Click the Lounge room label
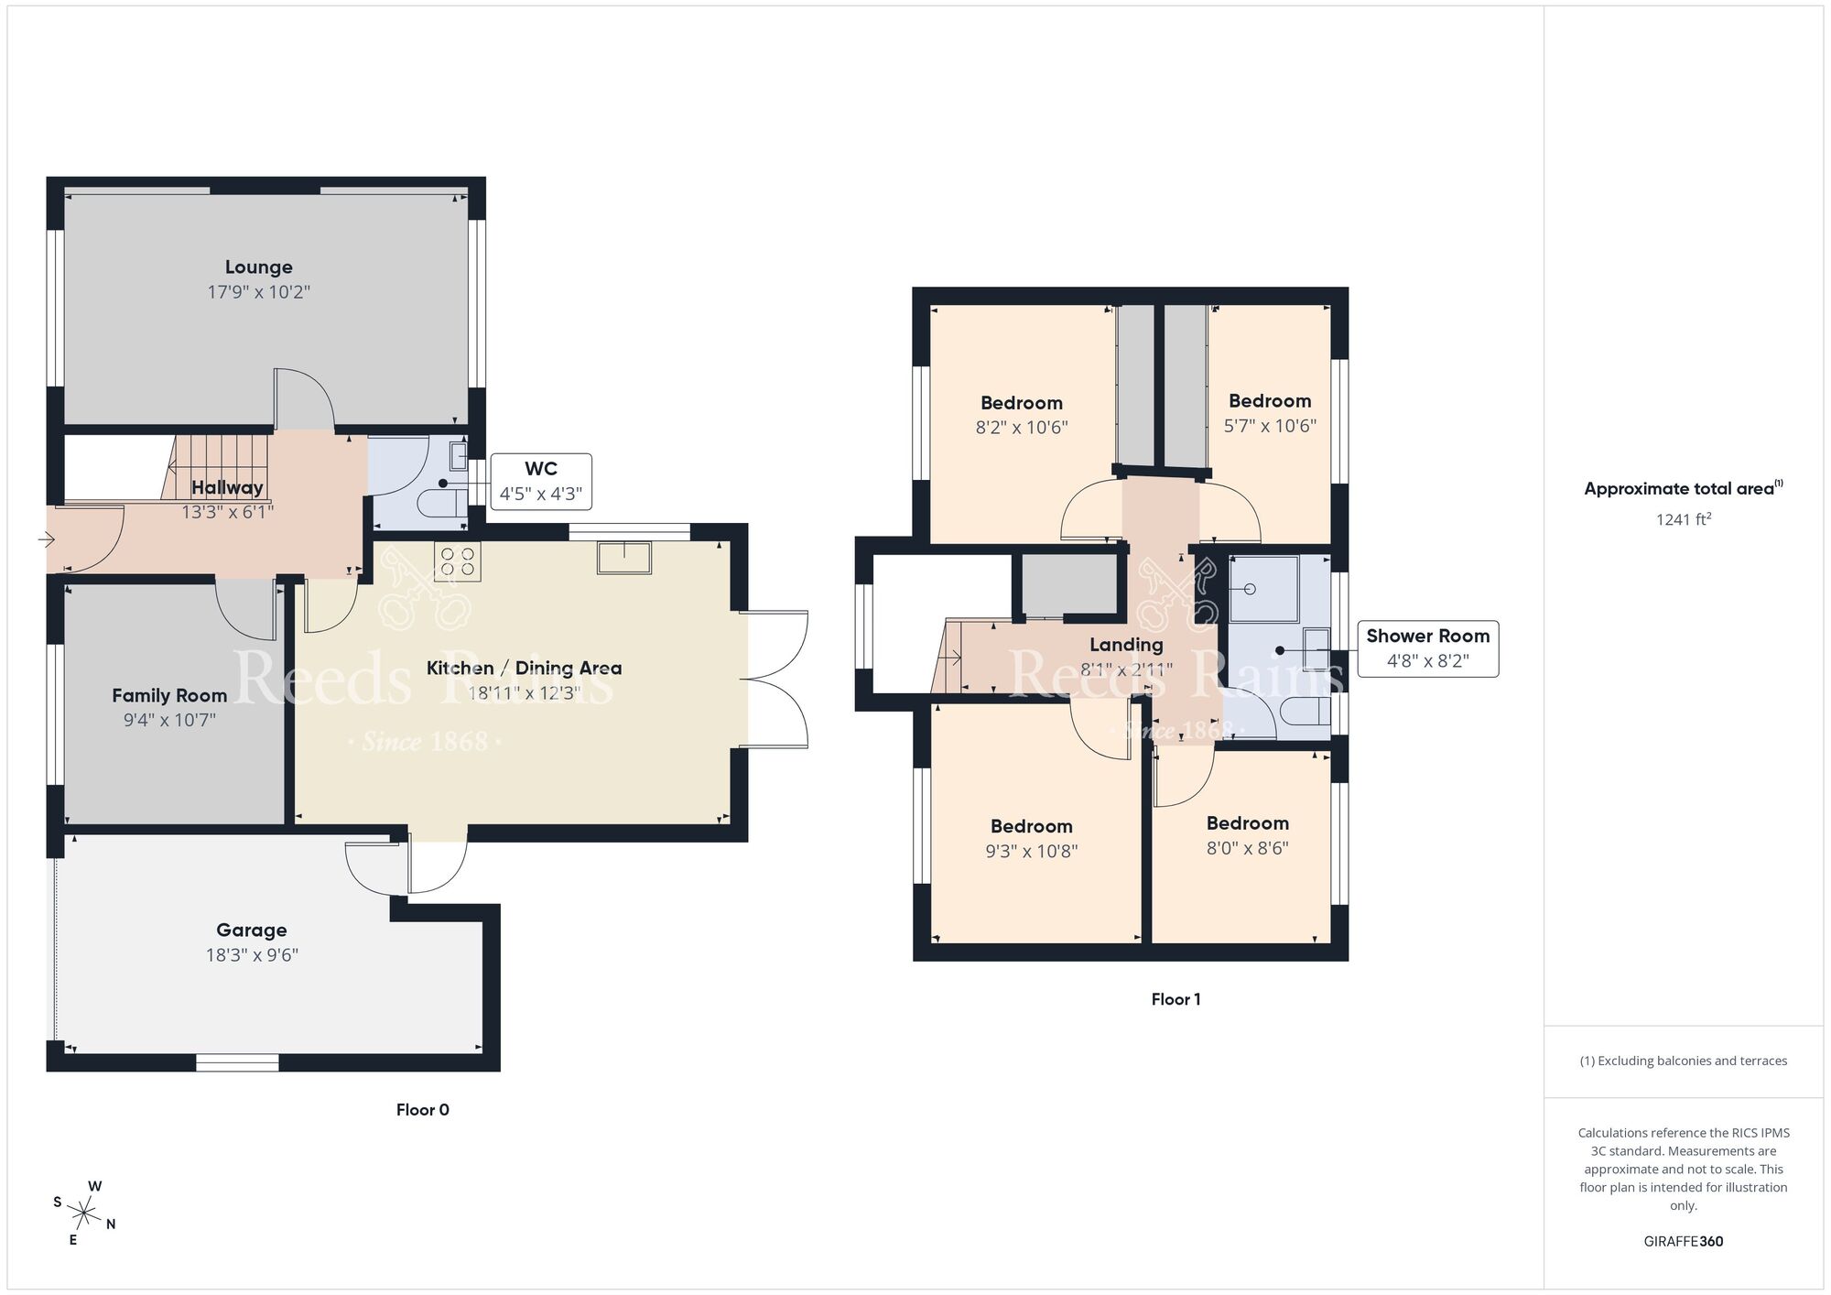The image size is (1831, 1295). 259,267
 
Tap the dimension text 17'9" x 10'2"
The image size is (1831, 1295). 259,292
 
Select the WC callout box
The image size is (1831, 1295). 540,482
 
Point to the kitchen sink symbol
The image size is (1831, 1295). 624,557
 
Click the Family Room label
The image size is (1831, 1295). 169,696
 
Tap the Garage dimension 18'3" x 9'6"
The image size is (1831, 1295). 252,955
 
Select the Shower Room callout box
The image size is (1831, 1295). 1427,648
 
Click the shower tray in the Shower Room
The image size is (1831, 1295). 1263,589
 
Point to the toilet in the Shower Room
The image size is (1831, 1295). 1306,711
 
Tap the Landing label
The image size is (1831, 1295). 1126,645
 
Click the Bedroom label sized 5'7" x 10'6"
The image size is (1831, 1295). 1270,401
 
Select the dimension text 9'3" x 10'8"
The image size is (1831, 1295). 1031,852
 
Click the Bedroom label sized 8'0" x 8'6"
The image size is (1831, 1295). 1247,823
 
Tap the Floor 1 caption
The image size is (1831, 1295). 1176,999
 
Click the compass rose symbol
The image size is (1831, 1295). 84,1214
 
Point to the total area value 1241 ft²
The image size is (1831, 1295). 1683,519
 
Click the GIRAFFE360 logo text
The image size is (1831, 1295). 1683,1242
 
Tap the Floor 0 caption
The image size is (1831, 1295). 422,1110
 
